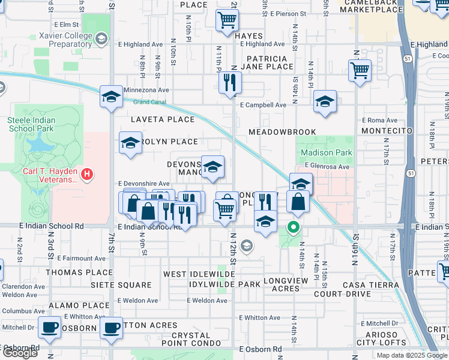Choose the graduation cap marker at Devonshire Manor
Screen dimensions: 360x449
tap(212, 167)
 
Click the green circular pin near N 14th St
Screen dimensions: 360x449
tap(294, 227)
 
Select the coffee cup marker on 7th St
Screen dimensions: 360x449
tap(111, 328)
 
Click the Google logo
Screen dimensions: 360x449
tap(20, 353)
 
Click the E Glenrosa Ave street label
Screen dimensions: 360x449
tap(327, 166)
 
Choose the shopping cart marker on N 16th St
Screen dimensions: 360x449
tap(360, 70)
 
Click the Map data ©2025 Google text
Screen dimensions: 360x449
tap(411, 355)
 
